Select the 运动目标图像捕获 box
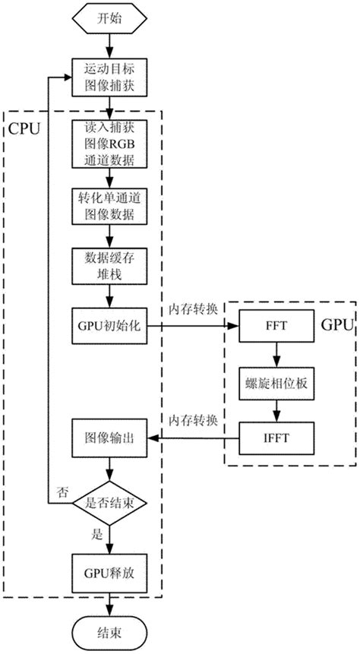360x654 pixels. click(110, 77)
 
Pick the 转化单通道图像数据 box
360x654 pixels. click(110, 207)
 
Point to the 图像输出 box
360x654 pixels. click(110, 438)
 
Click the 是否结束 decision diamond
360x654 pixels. click(110, 502)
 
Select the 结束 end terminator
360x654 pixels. click(110, 630)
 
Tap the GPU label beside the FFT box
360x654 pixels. click(336, 326)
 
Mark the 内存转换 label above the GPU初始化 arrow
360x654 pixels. click(193, 310)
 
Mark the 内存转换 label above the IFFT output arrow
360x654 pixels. click(193, 421)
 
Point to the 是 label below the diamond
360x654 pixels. click(96, 534)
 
